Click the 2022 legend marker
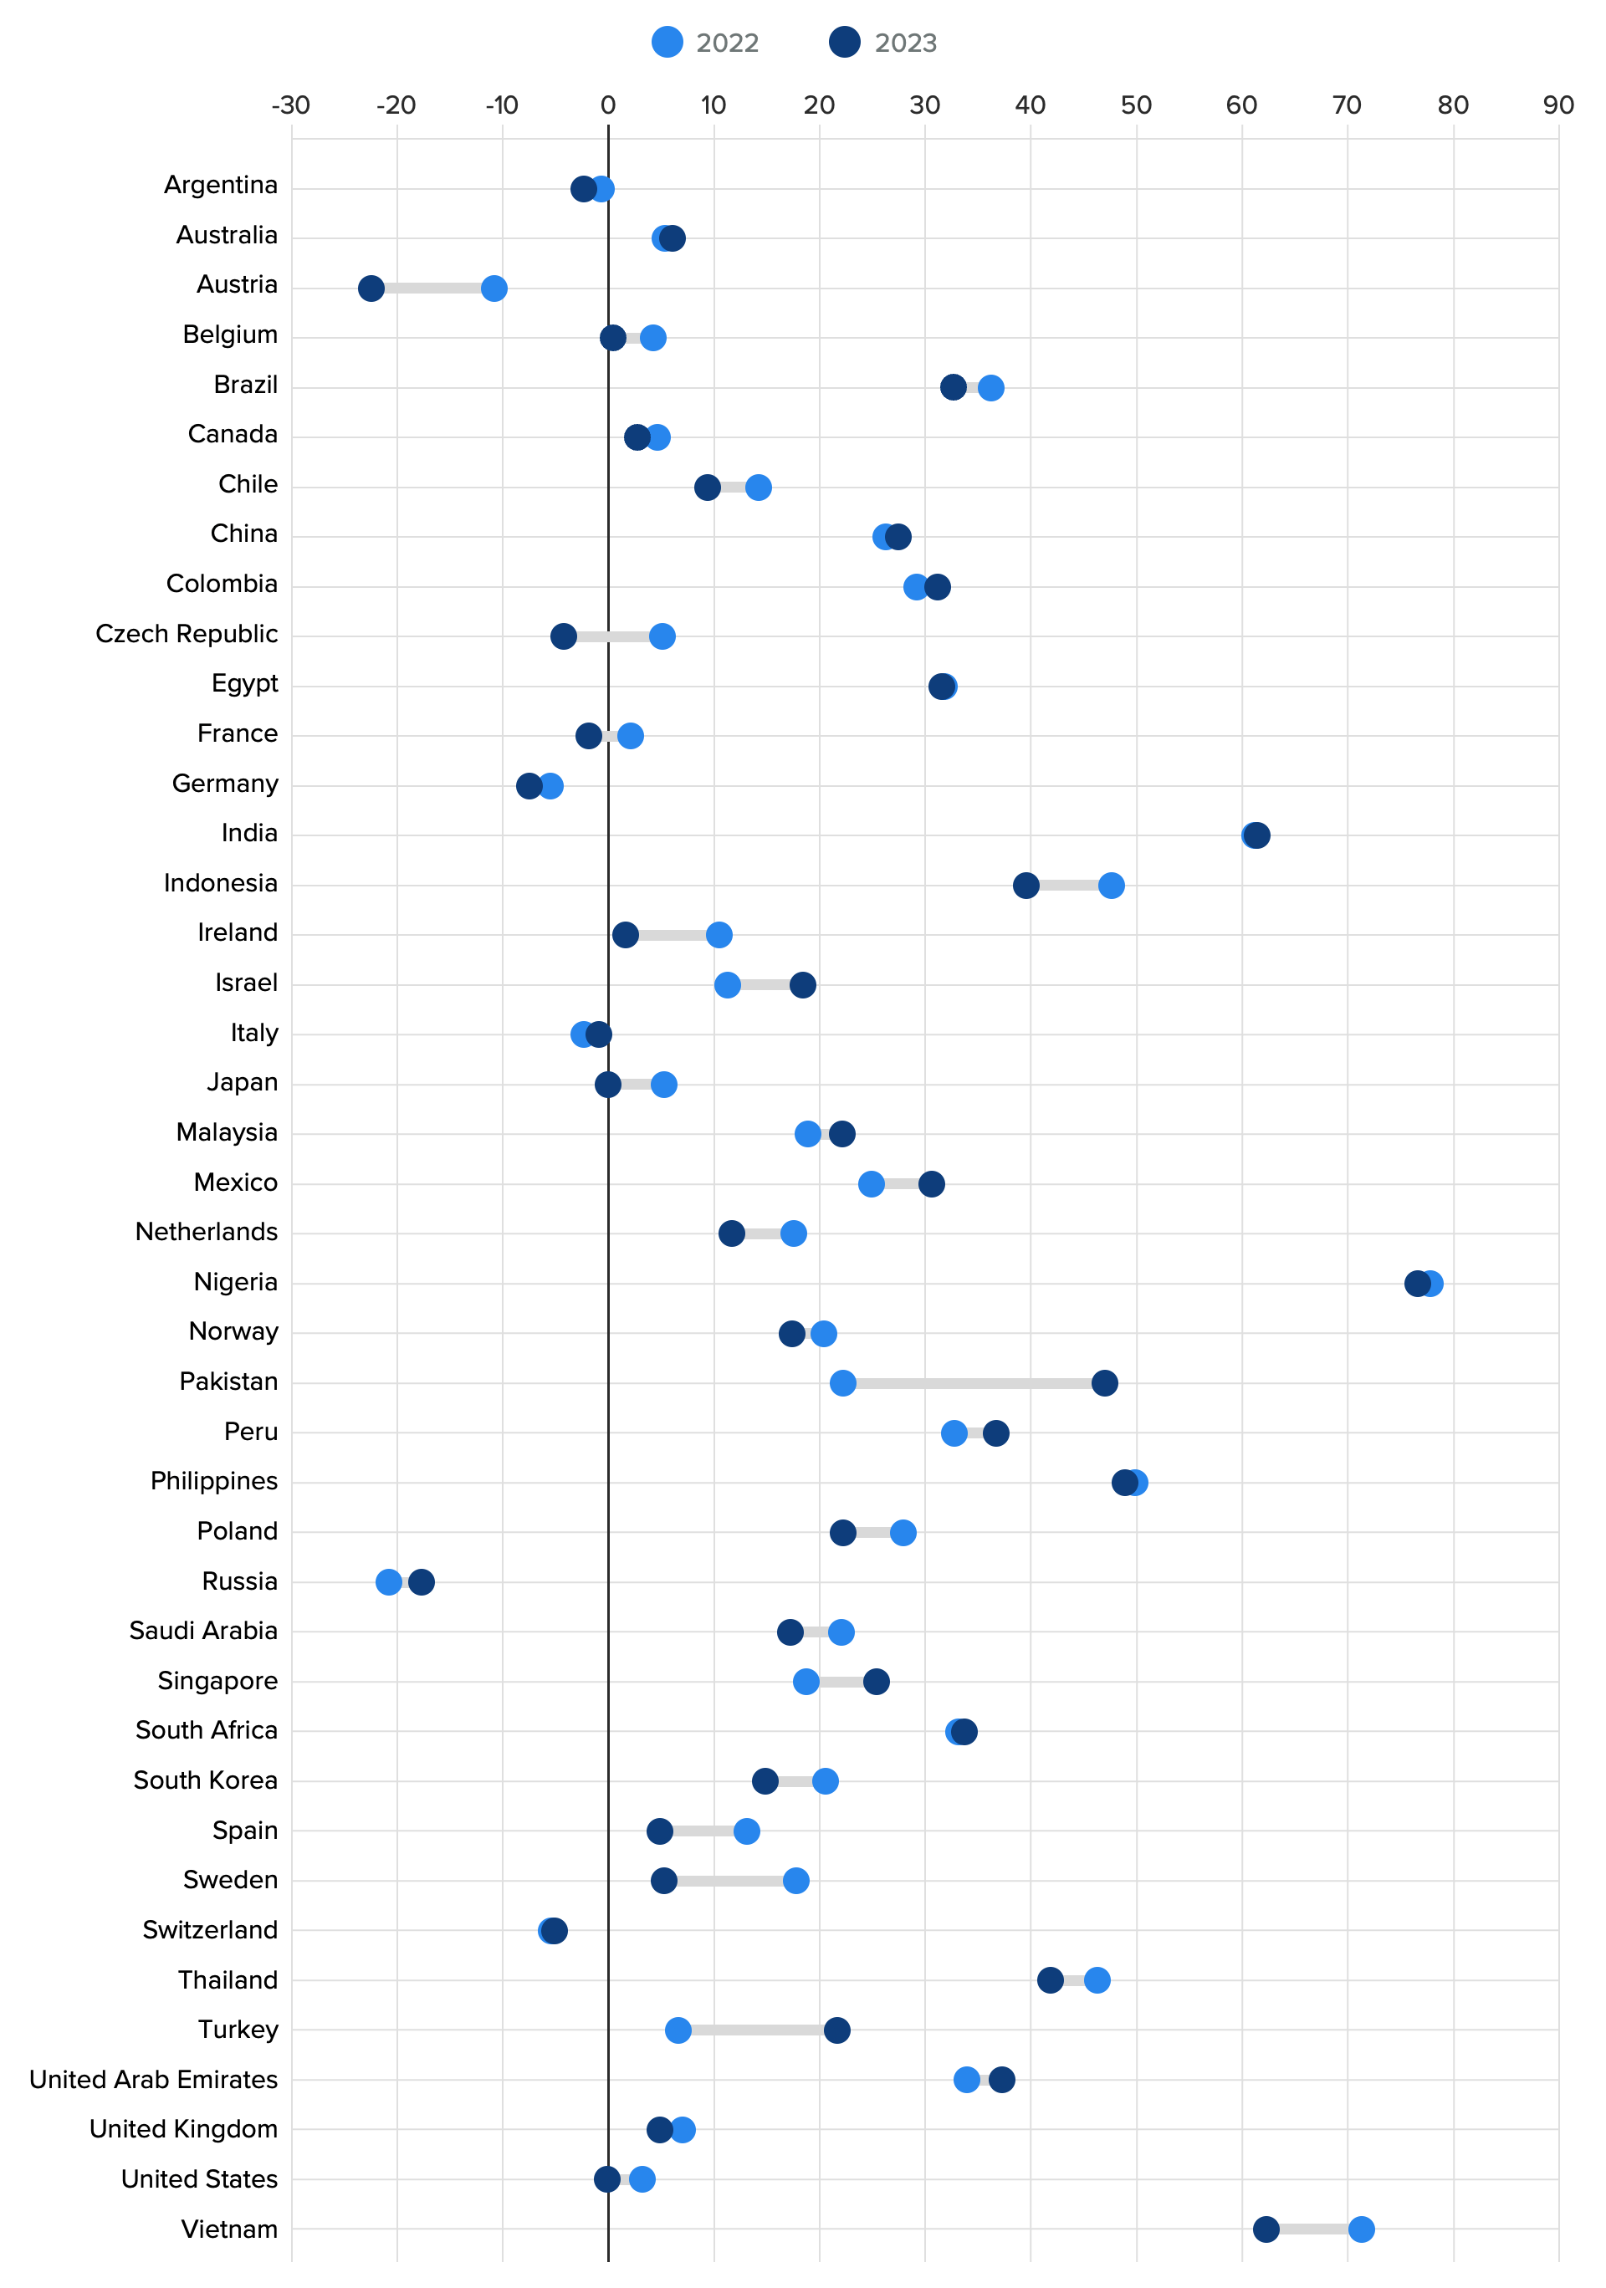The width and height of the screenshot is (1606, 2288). (x=667, y=42)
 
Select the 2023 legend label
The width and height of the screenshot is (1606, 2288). (x=905, y=43)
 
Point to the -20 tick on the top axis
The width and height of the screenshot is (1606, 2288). (x=396, y=105)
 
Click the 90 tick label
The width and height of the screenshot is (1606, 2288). (x=1557, y=105)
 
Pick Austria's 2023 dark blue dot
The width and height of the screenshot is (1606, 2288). (x=371, y=288)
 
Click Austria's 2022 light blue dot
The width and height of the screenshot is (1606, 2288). (x=494, y=288)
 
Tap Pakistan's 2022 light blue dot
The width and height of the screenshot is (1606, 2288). (x=842, y=1382)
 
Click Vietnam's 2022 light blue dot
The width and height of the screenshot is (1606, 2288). (x=1361, y=2229)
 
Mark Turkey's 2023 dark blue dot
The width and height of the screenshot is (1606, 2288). (x=836, y=2030)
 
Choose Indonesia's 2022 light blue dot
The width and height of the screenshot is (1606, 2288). (x=1111, y=885)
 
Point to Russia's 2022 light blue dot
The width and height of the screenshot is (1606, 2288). (x=389, y=1581)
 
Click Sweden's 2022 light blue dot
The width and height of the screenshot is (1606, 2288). (x=795, y=1881)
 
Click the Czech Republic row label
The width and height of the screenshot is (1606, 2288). (x=187, y=634)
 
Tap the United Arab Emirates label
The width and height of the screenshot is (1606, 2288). (x=154, y=2079)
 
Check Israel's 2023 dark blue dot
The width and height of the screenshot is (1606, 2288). (x=802, y=984)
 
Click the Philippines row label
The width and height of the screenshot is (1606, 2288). (x=213, y=1481)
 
